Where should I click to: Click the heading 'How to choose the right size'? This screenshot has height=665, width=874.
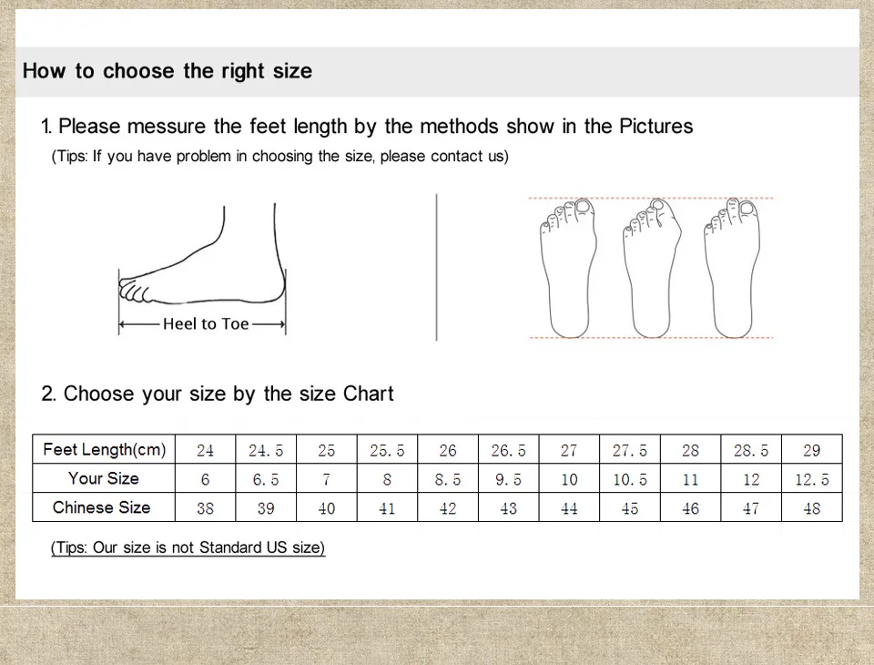click(x=168, y=71)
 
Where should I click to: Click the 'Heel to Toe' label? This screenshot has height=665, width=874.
click(x=206, y=323)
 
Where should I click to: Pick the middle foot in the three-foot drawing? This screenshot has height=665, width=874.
click(x=650, y=269)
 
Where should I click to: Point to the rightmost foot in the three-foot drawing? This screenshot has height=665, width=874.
click(x=731, y=269)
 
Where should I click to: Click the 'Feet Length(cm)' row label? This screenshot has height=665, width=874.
click(x=104, y=449)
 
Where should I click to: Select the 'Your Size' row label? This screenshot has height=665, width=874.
click(x=104, y=478)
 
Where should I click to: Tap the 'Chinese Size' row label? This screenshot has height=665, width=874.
click(x=102, y=507)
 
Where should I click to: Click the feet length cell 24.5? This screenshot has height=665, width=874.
click(x=266, y=450)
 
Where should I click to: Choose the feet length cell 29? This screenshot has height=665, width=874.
click(x=811, y=450)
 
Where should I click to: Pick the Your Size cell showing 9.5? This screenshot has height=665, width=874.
click(x=508, y=479)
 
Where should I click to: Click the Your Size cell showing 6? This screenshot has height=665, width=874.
click(x=205, y=479)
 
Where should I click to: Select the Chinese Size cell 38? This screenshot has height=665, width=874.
click(x=205, y=508)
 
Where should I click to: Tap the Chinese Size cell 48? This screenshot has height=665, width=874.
click(x=811, y=508)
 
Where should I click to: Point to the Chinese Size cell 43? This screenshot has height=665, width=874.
click(x=508, y=508)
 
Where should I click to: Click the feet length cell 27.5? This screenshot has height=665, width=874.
click(x=630, y=450)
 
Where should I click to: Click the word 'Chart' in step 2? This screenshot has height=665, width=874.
click(x=368, y=394)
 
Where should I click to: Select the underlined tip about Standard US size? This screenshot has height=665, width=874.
click(x=188, y=547)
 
